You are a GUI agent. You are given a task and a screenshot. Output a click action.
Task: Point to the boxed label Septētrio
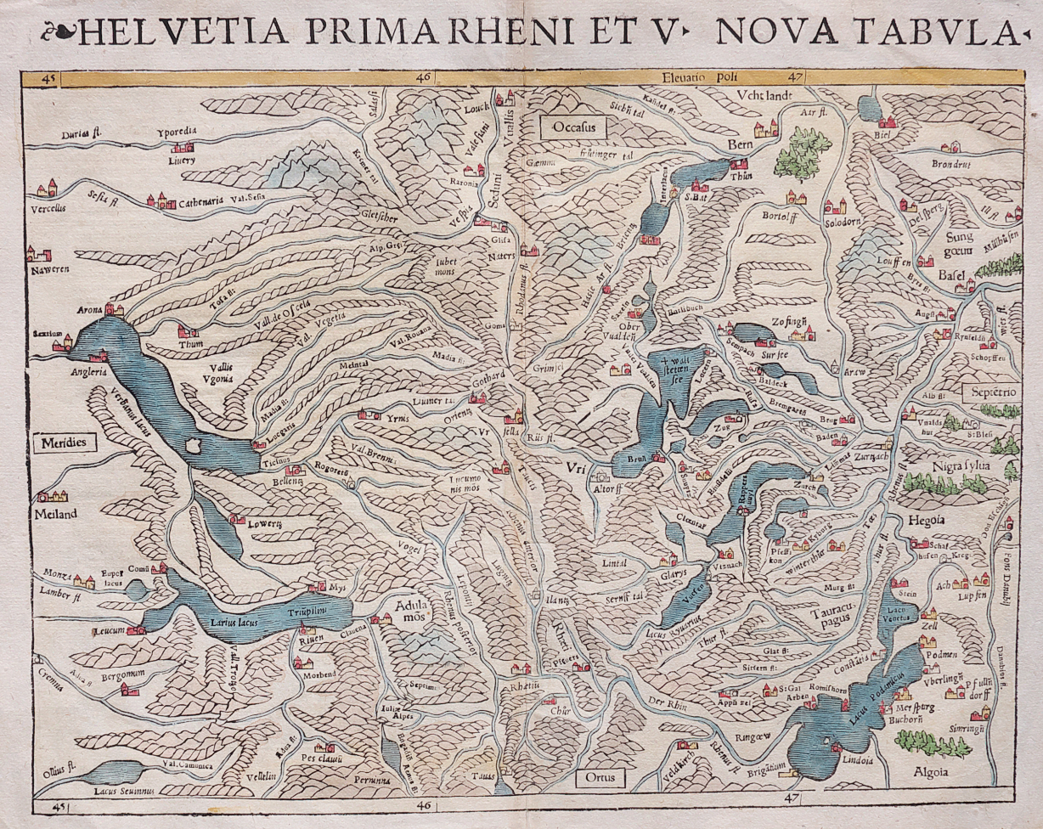(990, 392)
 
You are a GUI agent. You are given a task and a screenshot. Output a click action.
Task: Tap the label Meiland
(56, 514)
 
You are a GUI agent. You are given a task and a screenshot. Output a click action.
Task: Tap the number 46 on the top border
(423, 78)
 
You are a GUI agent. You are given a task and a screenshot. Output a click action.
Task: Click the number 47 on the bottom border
(792, 798)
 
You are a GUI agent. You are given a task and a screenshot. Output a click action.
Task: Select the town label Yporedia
(177, 133)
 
